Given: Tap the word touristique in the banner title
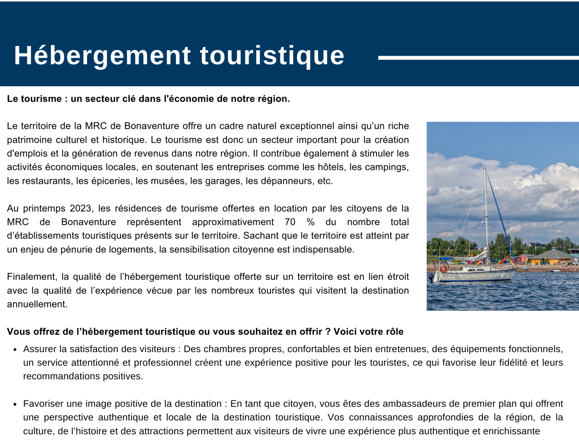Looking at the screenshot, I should (x=272, y=56).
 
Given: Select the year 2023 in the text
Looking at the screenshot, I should (x=81, y=209).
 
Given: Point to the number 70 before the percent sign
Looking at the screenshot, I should (x=290, y=222).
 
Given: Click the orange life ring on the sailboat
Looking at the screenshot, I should (x=443, y=269).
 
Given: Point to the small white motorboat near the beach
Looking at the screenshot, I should (x=554, y=270).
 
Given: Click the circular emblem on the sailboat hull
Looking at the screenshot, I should (x=457, y=277).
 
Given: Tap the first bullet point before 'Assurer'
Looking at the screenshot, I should (x=15, y=350).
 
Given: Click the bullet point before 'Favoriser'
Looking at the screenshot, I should (x=15, y=404).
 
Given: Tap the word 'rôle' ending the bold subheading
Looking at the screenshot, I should (x=394, y=332).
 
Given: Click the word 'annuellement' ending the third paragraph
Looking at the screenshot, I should (x=37, y=304).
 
